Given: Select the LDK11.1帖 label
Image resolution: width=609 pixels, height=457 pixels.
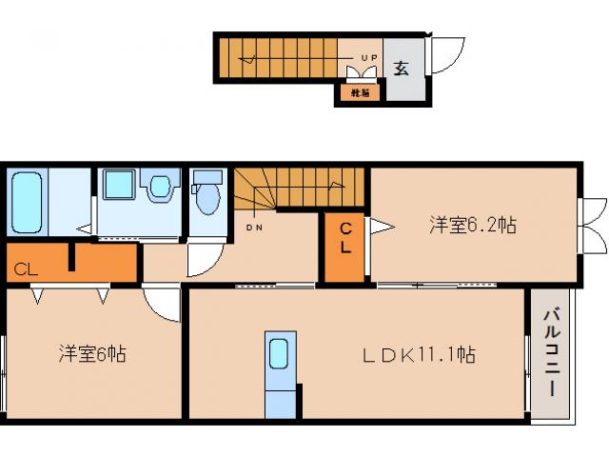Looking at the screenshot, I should click(418, 355).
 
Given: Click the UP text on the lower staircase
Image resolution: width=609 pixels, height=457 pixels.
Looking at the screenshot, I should click(369, 58).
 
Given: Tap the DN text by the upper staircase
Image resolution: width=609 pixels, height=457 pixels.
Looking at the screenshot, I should click(255, 227).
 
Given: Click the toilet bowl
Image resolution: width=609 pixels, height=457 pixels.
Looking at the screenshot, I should click(206, 196).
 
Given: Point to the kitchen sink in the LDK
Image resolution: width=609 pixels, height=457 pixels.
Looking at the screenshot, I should click(279, 355).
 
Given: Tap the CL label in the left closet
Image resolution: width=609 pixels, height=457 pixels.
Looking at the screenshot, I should click(26, 268).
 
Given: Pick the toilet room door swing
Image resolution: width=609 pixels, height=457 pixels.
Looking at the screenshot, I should click(202, 257).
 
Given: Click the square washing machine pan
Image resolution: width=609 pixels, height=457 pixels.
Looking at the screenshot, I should click(119, 186).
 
